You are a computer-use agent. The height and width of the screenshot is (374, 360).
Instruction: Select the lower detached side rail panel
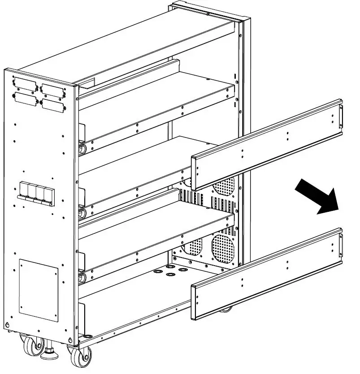[267, 274]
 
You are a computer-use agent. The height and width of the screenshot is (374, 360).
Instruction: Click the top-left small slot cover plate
[26, 84]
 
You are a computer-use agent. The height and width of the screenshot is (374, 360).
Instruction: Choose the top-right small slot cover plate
[52, 90]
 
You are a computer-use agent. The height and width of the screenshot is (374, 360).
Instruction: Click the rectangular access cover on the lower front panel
[39, 290]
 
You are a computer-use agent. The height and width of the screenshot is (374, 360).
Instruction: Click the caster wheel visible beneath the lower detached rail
[226, 310]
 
